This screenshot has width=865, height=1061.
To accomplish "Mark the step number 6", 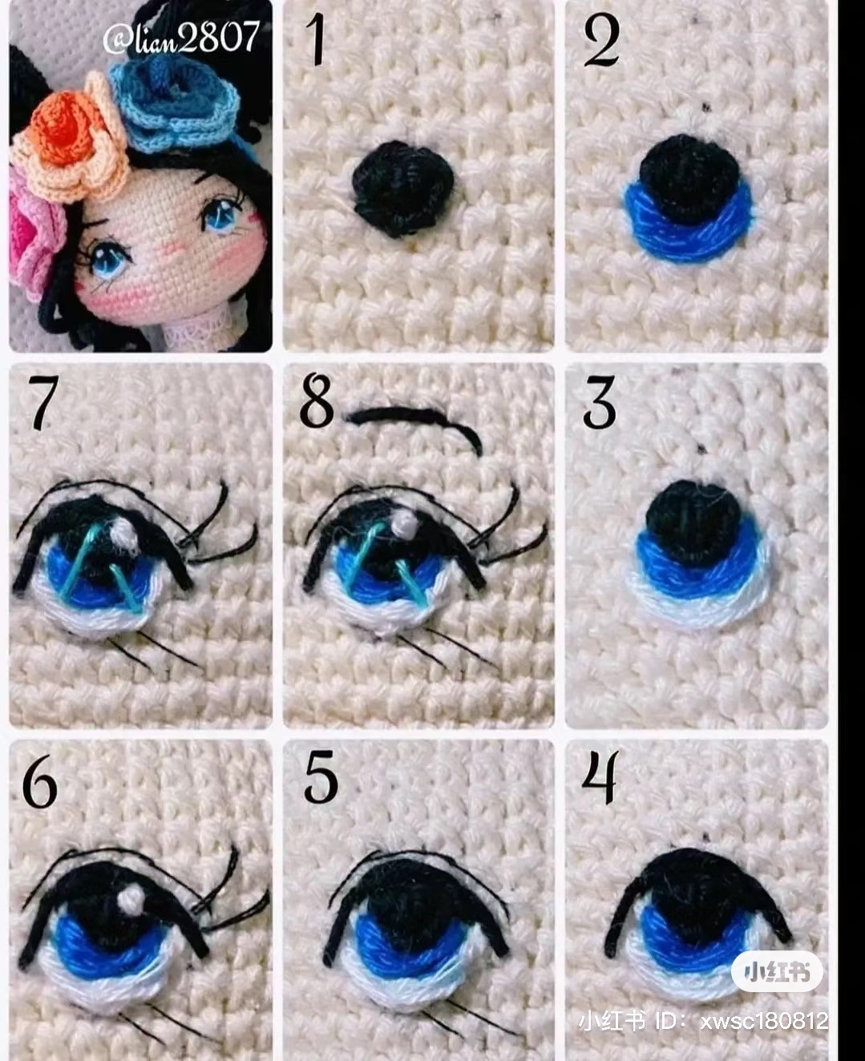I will tap(40, 781).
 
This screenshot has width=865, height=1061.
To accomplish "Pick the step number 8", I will tap(317, 402).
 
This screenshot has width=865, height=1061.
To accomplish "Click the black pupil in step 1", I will tap(403, 187).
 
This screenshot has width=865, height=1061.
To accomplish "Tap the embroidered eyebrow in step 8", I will tap(417, 420).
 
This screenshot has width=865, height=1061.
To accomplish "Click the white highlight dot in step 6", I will tap(130, 900).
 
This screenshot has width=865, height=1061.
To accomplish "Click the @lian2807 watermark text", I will tap(182, 37).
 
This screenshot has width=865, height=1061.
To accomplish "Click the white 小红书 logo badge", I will tap(777, 973).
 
